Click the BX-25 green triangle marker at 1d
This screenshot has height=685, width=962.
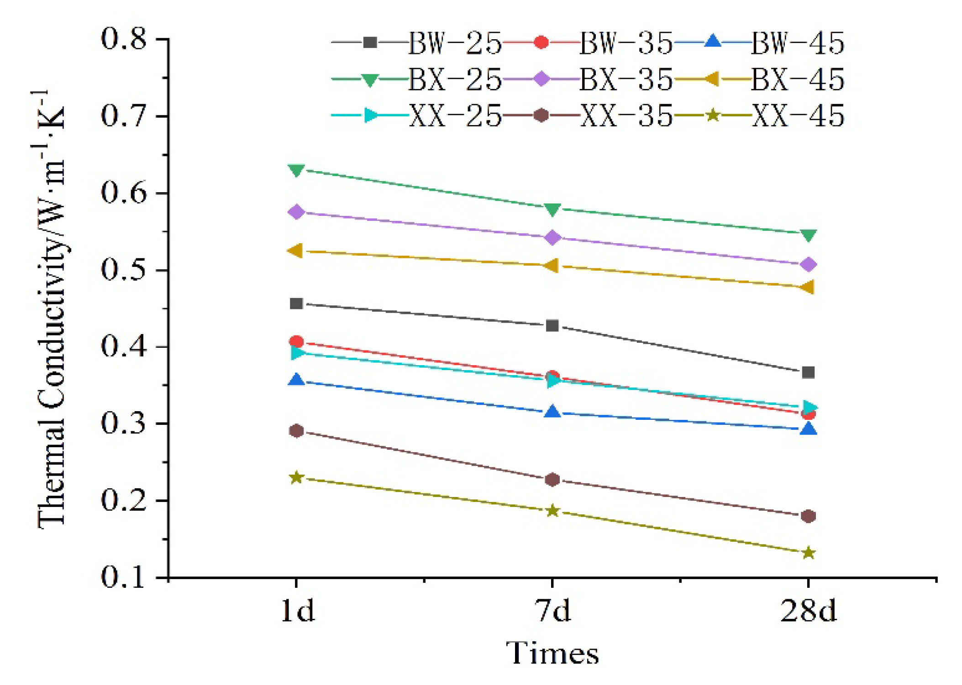tap(296, 170)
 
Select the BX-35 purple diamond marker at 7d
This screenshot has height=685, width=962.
tap(552, 237)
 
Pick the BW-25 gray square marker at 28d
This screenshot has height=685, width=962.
tap(808, 372)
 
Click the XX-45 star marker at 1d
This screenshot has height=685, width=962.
tap(296, 478)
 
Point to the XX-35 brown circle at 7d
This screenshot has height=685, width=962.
tap(552, 480)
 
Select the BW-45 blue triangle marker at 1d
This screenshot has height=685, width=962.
tap(296, 380)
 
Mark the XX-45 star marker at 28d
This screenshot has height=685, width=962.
tap(808, 553)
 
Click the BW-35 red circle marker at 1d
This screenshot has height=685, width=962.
tap(296, 341)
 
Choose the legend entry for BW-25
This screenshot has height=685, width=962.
tap(455, 43)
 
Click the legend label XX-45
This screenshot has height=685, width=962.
tap(798, 115)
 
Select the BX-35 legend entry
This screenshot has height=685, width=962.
tap(626, 79)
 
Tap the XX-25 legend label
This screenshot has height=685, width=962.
tap(455, 115)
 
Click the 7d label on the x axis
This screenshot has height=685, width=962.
tap(552, 611)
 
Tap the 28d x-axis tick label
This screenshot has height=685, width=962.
tap(808, 611)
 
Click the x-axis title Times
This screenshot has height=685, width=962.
tap(552, 653)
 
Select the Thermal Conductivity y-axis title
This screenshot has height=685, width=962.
tap(51, 310)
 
